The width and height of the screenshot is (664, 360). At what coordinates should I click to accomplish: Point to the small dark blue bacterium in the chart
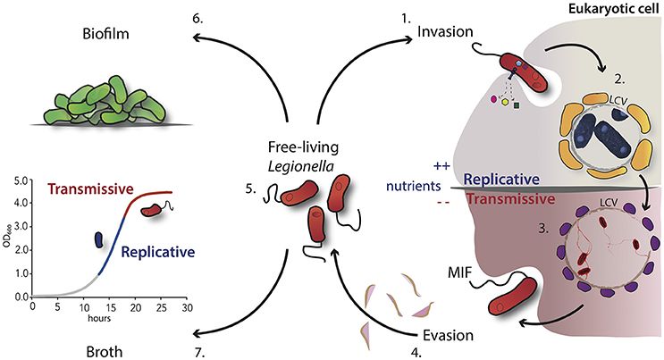point(100,240)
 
